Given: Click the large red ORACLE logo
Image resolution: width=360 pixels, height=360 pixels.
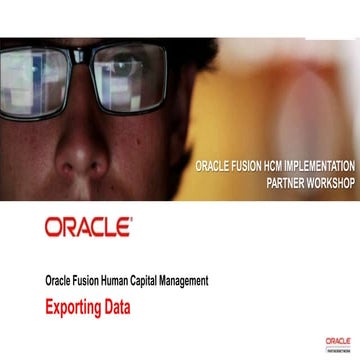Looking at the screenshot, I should [x=87, y=228].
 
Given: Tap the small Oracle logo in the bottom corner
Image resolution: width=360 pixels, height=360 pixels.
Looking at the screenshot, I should [x=338, y=343].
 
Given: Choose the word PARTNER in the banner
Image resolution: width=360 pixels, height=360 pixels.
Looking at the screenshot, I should [x=286, y=185].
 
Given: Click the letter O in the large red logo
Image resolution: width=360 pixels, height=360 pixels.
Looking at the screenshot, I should [x=53, y=228].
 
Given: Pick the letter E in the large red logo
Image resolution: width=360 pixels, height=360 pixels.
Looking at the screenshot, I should [x=123, y=228].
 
